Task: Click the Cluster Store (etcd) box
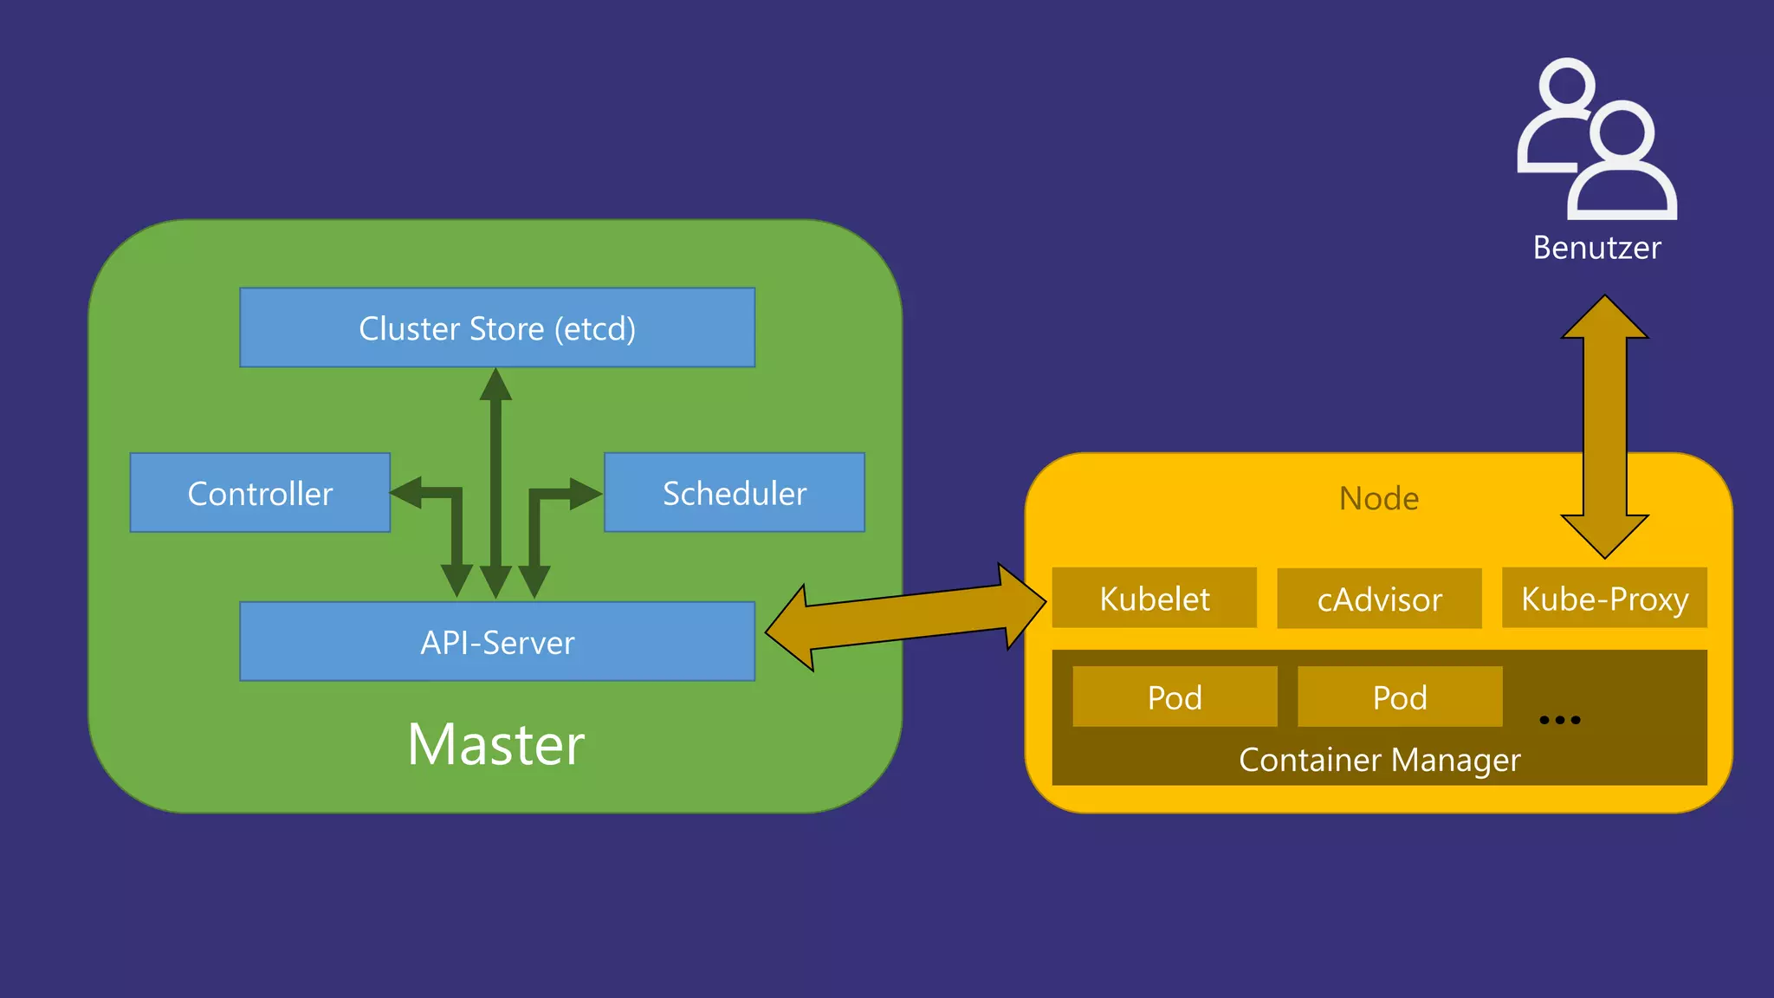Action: tap(497, 327)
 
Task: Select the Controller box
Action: tap(260, 492)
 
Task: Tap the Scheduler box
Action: tap(734, 492)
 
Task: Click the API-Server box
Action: tap(497, 642)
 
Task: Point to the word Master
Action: tap(496, 744)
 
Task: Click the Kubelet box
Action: tap(1154, 599)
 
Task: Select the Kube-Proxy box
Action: tap(1604, 599)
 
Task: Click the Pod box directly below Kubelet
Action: tap(1175, 697)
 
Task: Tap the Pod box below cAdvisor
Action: tap(1400, 697)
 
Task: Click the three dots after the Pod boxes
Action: tap(1560, 720)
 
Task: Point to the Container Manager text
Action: tap(1379, 760)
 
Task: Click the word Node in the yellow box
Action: tap(1379, 498)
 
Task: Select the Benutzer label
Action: tap(1596, 248)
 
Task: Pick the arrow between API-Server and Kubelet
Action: tap(905, 618)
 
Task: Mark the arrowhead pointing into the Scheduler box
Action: tap(586, 494)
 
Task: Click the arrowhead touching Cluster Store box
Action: tap(495, 386)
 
